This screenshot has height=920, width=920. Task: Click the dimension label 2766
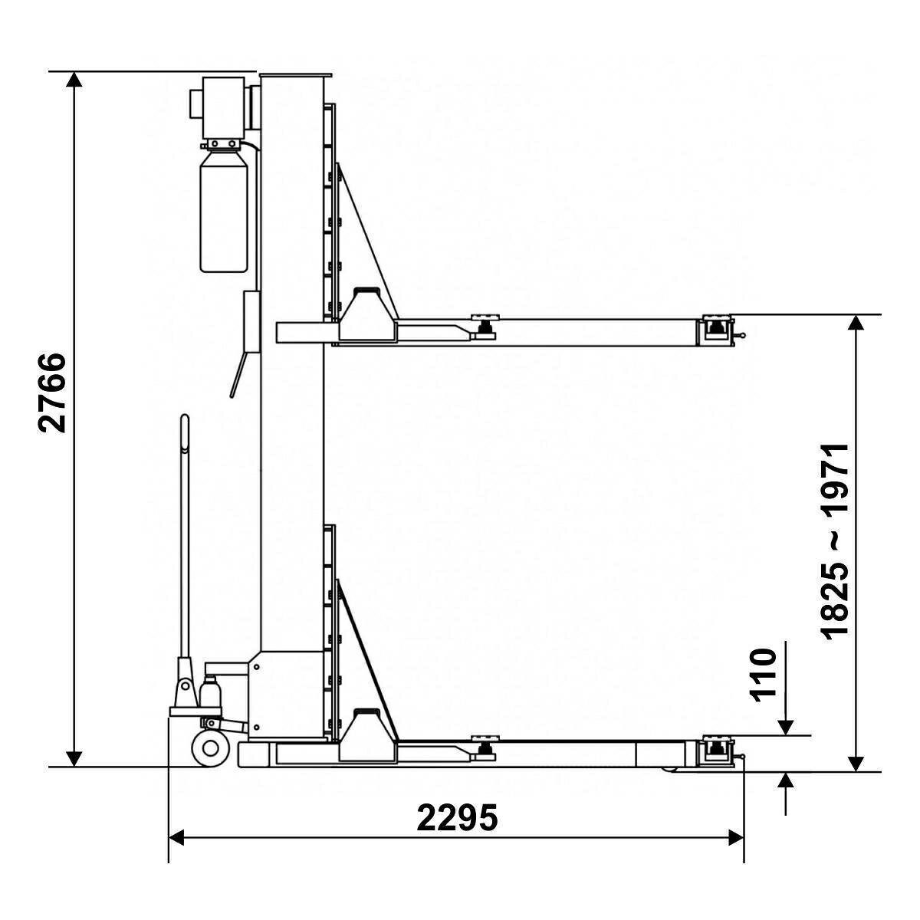pos(51,393)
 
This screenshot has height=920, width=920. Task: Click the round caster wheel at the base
pos(209,748)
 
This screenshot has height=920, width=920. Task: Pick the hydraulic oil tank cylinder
pos(223,211)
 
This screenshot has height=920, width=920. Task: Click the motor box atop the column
pos(223,107)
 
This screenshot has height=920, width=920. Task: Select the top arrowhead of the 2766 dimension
pos(74,79)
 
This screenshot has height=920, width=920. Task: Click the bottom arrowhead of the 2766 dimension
pos(74,759)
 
